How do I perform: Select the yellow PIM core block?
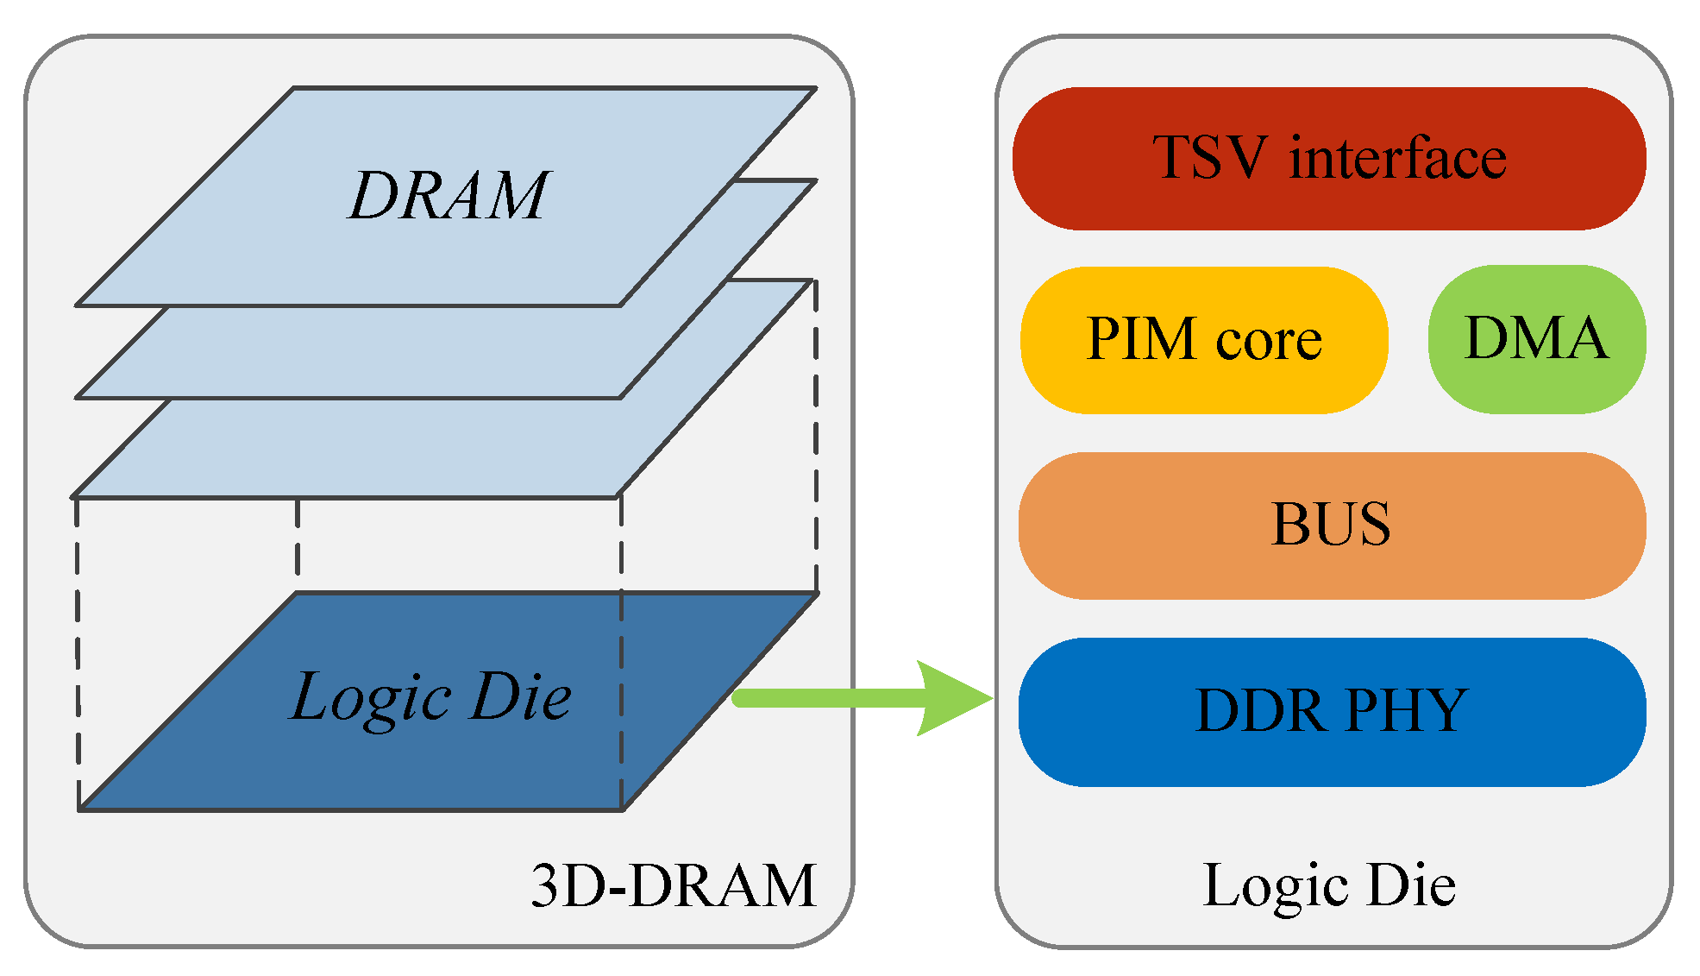(1203, 339)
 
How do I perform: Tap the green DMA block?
(1536, 338)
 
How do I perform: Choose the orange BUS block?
(1331, 524)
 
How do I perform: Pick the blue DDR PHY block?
(1331, 711)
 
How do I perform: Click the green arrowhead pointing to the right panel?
(953, 697)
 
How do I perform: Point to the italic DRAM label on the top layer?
(449, 195)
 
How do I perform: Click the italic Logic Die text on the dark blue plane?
(430, 696)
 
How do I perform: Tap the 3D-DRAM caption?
(673, 885)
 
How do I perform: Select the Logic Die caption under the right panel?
(1328, 885)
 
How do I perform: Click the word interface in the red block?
(1397, 158)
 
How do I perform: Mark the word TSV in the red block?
(1210, 158)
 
